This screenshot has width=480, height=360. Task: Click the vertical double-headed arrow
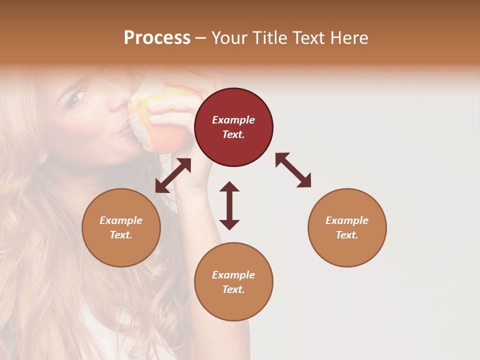pos(229,205)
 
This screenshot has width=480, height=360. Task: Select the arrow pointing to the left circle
pos(173,175)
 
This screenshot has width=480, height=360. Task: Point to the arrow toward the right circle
pos(293,170)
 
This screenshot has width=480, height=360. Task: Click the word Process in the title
pos(157,38)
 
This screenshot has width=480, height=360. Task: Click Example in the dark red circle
pos(233,120)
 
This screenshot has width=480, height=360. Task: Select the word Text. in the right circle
pos(347,235)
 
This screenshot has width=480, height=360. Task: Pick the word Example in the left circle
pos(121,220)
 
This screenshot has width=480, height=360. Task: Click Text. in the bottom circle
pos(233,289)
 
